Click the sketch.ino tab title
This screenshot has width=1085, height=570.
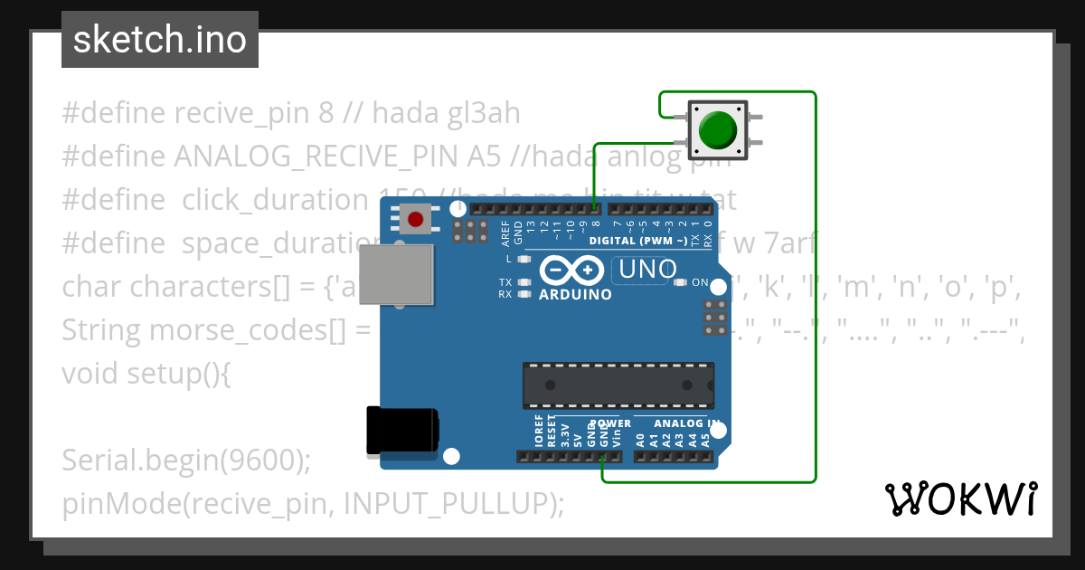coord(160,40)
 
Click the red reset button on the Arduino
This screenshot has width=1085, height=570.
coord(415,219)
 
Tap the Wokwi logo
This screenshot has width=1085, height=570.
coord(961,499)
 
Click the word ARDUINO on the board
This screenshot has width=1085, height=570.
coord(575,294)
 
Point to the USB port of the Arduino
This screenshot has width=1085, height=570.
coord(396,275)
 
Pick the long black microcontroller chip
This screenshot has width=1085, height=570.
coord(618,385)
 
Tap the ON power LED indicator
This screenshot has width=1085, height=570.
coord(680,282)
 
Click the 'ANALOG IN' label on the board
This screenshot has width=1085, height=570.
coord(687,423)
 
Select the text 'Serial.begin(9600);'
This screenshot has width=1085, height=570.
coord(186,460)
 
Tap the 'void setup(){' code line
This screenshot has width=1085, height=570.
coord(146,373)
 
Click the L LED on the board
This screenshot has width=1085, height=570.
coord(523,260)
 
